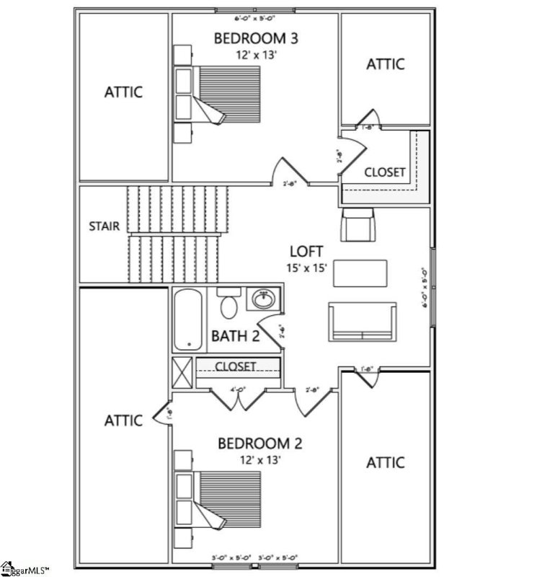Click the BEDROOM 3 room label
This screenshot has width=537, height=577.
pyautogui.click(x=255, y=38)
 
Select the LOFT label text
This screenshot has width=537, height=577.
pyautogui.click(x=306, y=252)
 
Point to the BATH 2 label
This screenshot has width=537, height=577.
pyautogui.click(x=235, y=335)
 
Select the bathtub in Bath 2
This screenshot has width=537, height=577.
pyautogui.click(x=189, y=318)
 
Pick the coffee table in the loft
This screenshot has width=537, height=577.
pyautogui.click(x=362, y=272)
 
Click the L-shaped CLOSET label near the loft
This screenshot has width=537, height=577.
pyautogui.click(x=384, y=173)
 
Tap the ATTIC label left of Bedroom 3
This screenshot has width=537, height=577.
pyautogui.click(x=123, y=92)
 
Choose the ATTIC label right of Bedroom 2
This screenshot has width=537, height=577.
pyautogui.click(x=386, y=462)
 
